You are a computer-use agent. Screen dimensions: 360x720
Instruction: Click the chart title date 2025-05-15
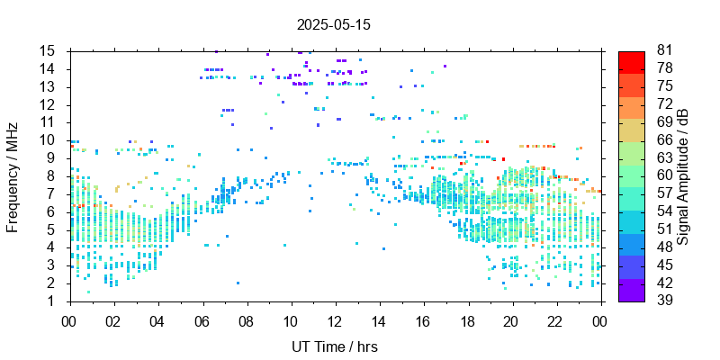coord(334,24)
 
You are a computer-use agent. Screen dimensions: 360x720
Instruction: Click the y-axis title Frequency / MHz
coord(13,175)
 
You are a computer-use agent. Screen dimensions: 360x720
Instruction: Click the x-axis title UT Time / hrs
coord(334,346)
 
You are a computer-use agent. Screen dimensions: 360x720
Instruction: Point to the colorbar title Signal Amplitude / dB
coord(683,175)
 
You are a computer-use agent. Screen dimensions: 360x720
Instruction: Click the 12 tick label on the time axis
coord(335,319)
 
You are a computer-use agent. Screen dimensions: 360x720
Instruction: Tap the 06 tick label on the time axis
coord(202,319)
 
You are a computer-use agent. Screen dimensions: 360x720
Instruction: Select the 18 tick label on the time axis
coord(468,319)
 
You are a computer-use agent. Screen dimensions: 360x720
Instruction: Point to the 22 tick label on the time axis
coord(556,319)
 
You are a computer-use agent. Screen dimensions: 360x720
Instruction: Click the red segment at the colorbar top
coord(632,60)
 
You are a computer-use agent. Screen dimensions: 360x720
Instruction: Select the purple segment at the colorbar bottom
coord(632,291)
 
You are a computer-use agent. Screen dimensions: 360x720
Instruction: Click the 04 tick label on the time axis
coord(157,319)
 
